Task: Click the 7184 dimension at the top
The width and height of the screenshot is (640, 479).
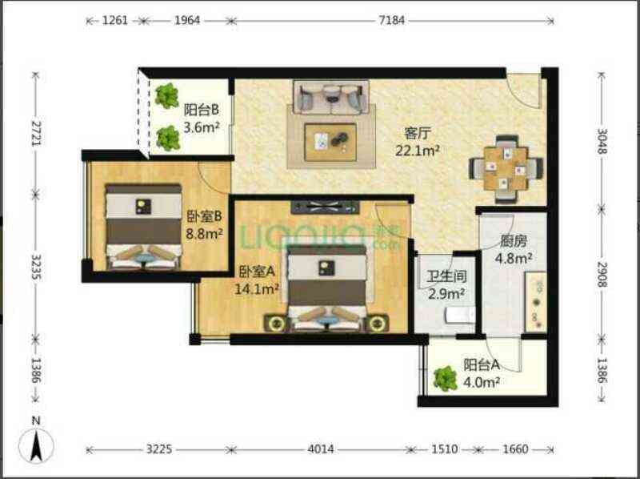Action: [x=392, y=20]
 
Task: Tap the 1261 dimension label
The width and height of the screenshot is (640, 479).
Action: [x=115, y=20]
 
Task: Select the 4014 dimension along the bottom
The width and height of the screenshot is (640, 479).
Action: [x=321, y=449]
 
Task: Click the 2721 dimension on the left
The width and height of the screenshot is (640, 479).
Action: [x=37, y=133]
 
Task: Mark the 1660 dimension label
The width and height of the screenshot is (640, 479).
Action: [x=515, y=449]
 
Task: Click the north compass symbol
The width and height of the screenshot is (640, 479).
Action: [x=36, y=442]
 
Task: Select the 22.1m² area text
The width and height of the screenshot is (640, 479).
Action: [x=417, y=151]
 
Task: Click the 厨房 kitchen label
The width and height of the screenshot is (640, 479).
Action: [x=514, y=241]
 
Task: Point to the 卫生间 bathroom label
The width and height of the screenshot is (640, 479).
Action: [x=447, y=276]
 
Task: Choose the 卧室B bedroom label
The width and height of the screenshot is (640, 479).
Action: [x=204, y=216]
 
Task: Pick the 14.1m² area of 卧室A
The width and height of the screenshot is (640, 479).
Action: [x=257, y=289]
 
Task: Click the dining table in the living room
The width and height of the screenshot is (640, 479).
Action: [x=506, y=169]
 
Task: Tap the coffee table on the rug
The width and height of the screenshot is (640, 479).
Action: [x=330, y=143]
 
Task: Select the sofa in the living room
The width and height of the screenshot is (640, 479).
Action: [x=330, y=97]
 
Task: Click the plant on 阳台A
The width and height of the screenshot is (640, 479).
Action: [x=446, y=378]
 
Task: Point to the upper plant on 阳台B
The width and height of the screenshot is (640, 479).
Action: [x=167, y=96]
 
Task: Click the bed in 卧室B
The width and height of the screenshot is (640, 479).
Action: [x=143, y=227]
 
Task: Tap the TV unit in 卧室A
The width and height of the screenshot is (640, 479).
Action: [x=325, y=207]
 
